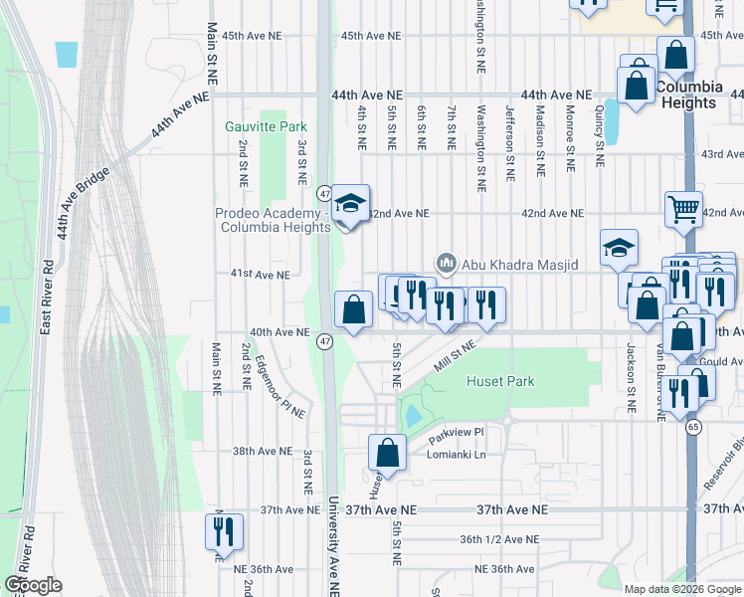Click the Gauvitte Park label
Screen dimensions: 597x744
pyautogui.click(x=266, y=126)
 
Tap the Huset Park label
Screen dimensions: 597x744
pyautogui.click(x=500, y=381)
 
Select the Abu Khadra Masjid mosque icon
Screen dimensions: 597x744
pyautogui.click(x=447, y=263)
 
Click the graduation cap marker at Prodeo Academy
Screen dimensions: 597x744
pyautogui.click(x=349, y=205)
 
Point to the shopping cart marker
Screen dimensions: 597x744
pyautogui.click(x=683, y=209)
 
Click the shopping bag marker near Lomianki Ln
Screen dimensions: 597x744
pyautogui.click(x=387, y=452)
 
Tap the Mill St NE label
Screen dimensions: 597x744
pyautogui.click(x=456, y=351)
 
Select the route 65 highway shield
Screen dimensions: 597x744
pyautogui.click(x=692, y=426)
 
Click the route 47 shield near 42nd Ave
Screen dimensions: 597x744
pyautogui.click(x=324, y=192)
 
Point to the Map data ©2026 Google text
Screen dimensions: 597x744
pyautogui.click(x=681, y=589)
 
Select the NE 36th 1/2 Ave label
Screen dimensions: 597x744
pyautogui.click(x=498, y=539)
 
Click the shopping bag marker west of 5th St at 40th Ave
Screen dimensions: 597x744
pyautogui.click(x=352, y=309)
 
